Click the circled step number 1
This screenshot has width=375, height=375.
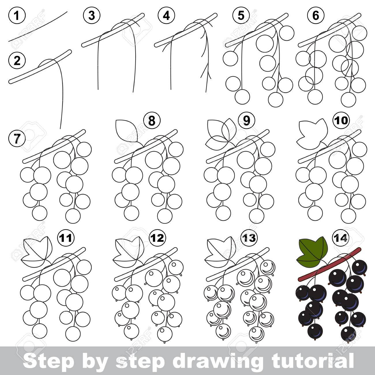pos(17,16)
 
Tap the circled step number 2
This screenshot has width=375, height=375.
pos(17,61)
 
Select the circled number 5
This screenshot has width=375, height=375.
pos(241,16)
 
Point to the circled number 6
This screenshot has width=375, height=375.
pos(316,16)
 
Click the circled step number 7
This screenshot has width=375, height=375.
pos(17,139)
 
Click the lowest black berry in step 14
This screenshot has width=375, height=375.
pos(348,333)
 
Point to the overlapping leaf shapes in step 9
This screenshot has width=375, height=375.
pos(221,133)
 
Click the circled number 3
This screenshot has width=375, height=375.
pos(91,16)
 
